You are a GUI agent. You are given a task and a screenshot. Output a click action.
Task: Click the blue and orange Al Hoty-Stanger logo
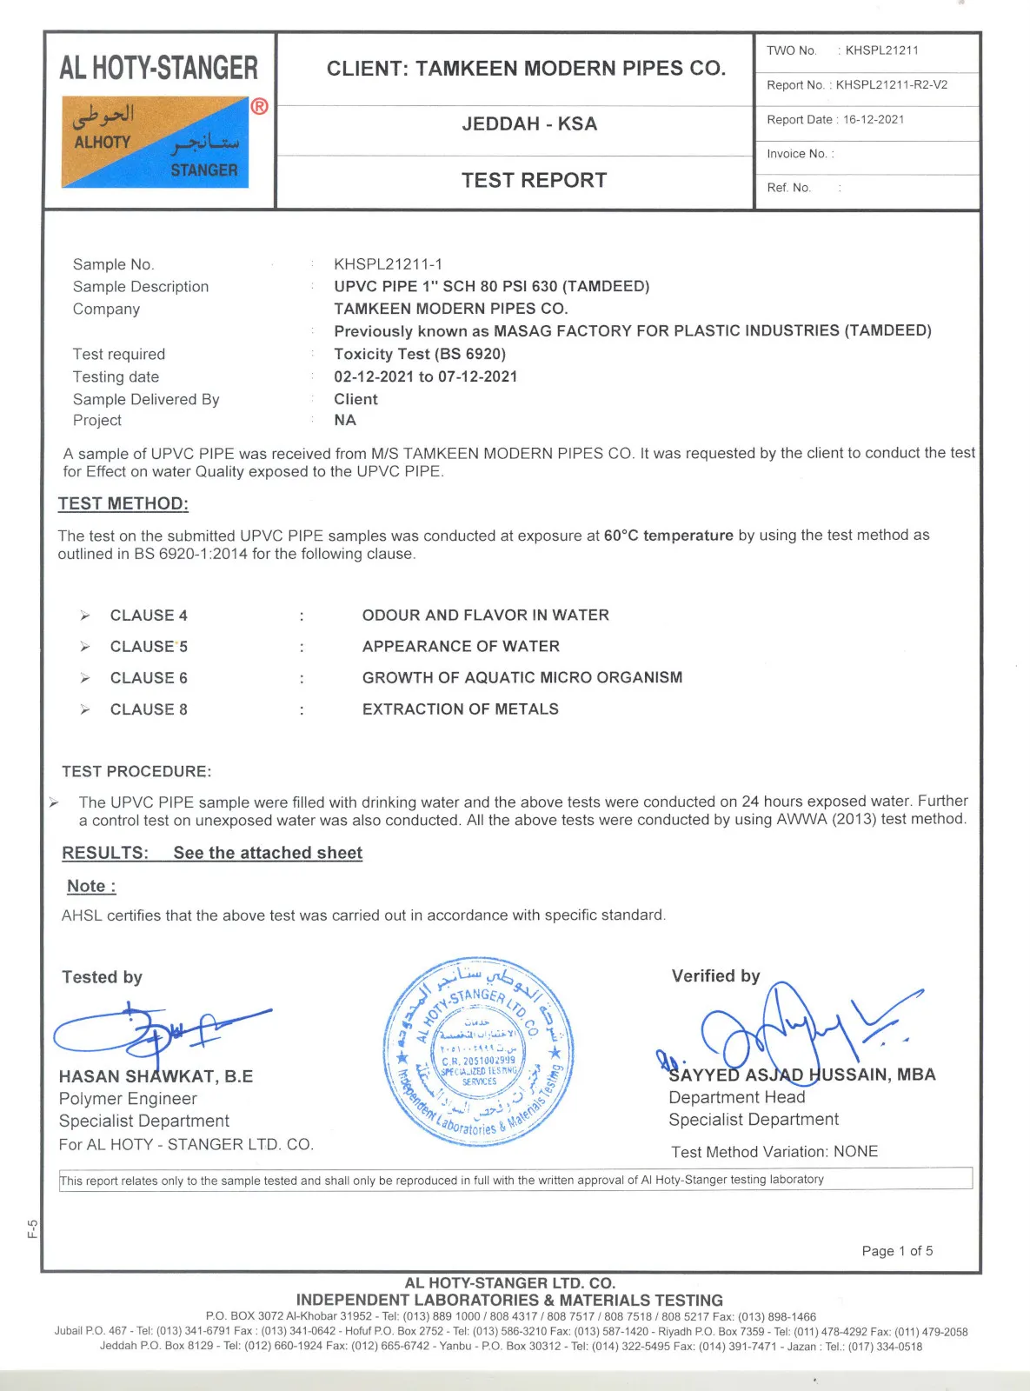(155, 142)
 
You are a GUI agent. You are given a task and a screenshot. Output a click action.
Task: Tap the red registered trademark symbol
(259, 107)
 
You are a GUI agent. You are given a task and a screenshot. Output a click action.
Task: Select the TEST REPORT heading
(534, 180)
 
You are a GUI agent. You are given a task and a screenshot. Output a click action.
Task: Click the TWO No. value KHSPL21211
(881, 50)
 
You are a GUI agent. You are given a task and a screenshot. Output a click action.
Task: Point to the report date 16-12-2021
(874, 120)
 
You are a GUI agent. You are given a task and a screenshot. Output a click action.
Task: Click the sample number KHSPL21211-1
(388, 264)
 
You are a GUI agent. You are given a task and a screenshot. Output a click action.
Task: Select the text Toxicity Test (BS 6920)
(420, 354)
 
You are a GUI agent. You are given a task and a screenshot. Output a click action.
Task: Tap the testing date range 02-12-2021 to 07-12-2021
(425, 376)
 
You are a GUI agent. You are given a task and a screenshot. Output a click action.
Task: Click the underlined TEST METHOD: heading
(123, 503)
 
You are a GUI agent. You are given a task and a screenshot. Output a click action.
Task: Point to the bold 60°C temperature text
(668, 536)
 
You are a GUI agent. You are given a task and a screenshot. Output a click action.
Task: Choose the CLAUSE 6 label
(149, 678)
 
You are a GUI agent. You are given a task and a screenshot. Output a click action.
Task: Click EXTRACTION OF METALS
(460, 709)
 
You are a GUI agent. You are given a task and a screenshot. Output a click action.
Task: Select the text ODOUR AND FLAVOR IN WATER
(485, 616)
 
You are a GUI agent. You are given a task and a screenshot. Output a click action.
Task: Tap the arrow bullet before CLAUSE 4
(85, 616)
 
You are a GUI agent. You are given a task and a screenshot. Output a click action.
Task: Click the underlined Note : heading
(91, 886)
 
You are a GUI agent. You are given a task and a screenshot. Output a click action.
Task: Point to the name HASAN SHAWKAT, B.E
(156, 1076)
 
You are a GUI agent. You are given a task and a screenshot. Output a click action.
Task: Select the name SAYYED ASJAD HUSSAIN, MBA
(801, 1075)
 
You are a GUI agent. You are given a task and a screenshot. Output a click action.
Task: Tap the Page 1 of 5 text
(897, 1251)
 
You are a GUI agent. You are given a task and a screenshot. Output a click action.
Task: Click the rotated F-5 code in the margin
(32, 1228)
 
